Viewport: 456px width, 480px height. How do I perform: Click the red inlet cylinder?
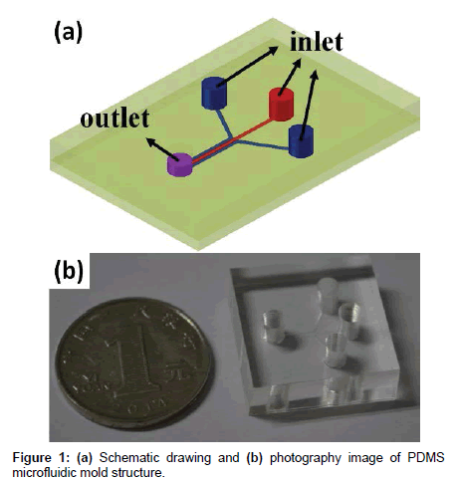point(281,104)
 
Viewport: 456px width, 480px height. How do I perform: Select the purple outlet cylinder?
point(179,164)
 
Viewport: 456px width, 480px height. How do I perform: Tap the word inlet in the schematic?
point(317,42)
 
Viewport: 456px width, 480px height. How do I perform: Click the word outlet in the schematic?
point(114,119)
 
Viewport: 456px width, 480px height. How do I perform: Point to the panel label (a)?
point(68,34)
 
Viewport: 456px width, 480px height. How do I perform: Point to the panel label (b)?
point(69,272)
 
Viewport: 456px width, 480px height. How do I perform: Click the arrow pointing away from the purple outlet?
point(162,149)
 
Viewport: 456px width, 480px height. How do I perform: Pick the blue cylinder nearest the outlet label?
point(214,93)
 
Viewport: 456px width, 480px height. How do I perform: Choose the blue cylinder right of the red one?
point(301,141)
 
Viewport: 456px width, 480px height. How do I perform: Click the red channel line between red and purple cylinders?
point(231,141)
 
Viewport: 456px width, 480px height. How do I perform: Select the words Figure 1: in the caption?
point(41,458)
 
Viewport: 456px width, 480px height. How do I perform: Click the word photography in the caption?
point(306,458)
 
